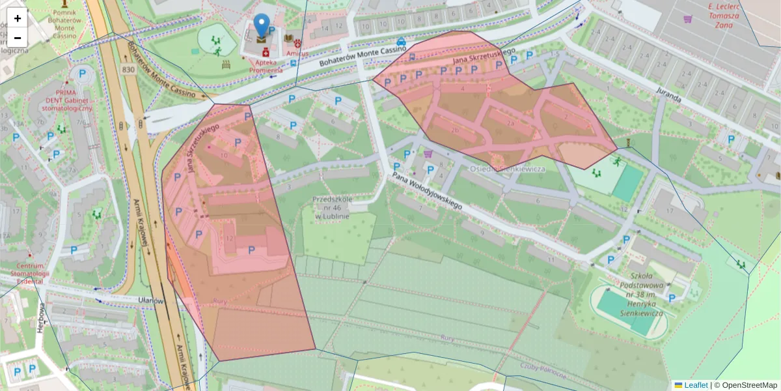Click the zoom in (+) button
pos(18,18)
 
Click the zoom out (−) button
pos(18,37)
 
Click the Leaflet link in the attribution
pos(695,385)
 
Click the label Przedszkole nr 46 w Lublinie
pos(332,207)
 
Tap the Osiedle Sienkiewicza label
pos(508,169)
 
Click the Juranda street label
pos(668,94)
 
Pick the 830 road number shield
pos(128,69)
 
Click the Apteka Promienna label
pos(265,66)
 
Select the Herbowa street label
pos(40,318)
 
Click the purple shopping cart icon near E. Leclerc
pos(687,19)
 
